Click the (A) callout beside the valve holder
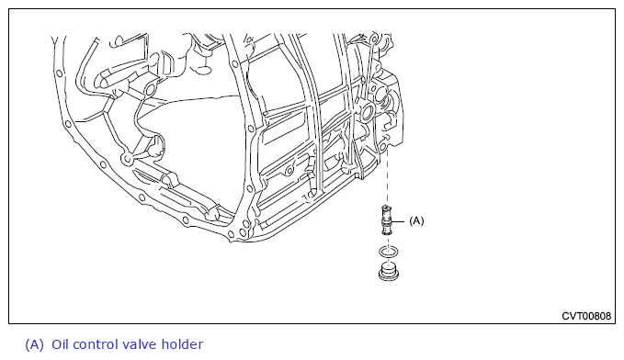coord(416,220)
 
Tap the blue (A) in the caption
coord(34,344)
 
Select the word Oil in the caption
coord(60,344)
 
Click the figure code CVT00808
coord(586,316)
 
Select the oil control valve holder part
coord(386,220)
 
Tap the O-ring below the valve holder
coord(388,252)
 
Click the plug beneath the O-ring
coord(389,271)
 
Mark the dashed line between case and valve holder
coord(387,178)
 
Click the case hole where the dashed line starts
coord(383,148)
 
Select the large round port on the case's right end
coord(366,112)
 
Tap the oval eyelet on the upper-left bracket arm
coord(150,90)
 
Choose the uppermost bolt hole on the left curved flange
coord(60,73)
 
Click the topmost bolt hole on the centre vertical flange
coord(235,64)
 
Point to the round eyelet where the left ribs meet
coord(127,160)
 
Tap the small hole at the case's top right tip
coord(373,39)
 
